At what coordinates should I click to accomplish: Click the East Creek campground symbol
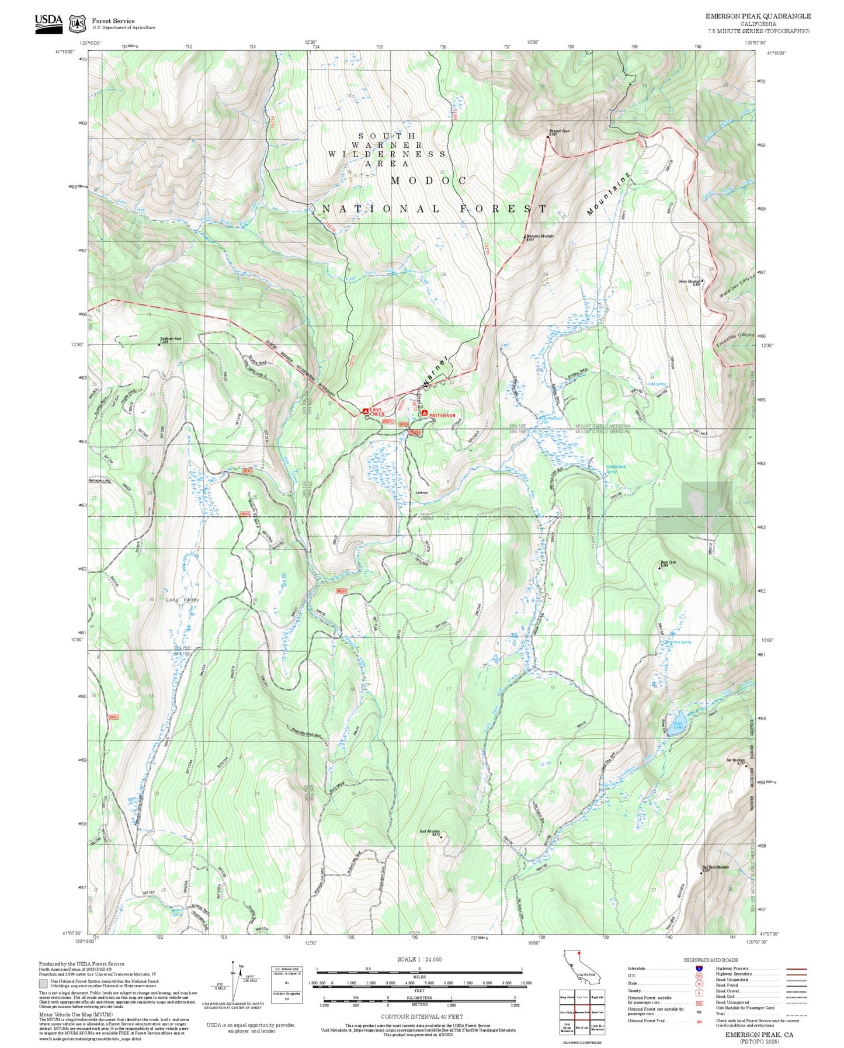(366, 411)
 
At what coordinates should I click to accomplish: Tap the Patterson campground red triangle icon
(425, 413)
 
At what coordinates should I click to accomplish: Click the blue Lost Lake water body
(678, 725)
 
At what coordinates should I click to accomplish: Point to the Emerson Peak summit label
(558, 132)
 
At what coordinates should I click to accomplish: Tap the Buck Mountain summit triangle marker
(441, 837)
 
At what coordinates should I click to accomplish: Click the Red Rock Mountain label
(716, 867)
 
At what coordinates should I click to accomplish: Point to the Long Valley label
(182, 600)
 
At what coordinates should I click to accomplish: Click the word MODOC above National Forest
(429, 181)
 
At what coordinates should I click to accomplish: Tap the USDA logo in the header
(48, 22)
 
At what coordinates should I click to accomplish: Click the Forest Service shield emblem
(77, 24)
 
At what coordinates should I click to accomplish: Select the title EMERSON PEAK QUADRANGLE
(758, 16)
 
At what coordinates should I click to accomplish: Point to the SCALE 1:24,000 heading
(419, 959)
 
